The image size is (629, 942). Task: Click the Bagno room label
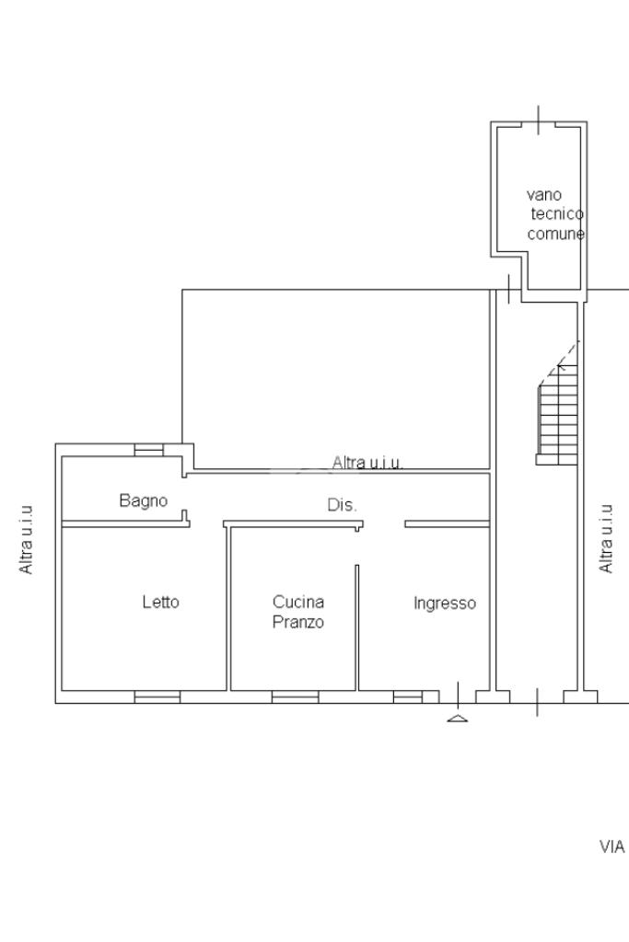coord(144,501)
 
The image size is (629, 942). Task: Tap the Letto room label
coord(160,603)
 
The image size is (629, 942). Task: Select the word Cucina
coord(297,603)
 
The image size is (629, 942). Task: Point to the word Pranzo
coord(297,622)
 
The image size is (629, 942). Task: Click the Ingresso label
coord(445,603)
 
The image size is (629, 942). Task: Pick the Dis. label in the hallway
coord(343,505)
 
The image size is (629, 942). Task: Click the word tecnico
coord(556,214)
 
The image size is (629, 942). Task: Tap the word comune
coord(555,235)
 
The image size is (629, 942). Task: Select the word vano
coord(544,195)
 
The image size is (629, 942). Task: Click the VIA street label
coord(612,846)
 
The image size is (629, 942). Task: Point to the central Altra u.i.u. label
coord(367,463)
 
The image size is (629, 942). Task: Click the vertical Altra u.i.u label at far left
coord(28,539)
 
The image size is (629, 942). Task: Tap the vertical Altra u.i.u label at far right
coord(606,539)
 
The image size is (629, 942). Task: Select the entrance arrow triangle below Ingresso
coord(457,717)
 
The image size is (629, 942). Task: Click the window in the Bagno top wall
coord(148,450)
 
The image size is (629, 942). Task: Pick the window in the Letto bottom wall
coord(157,697)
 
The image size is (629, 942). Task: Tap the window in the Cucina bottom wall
coord(295,697)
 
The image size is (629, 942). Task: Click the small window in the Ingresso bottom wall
coord(407,697)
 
